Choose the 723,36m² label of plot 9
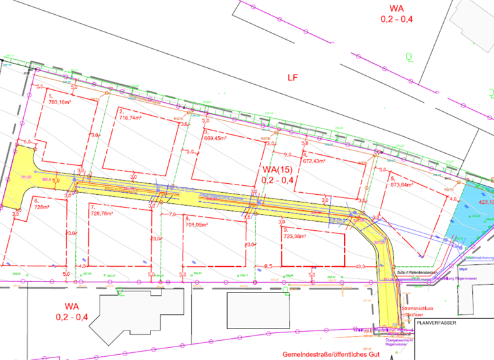(295, 235)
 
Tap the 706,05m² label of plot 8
(199, 225)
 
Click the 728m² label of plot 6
(42, 207)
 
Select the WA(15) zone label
(277, 170)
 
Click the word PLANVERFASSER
(436, 323)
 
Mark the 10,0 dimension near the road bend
(360, 265)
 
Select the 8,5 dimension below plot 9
(269, 265)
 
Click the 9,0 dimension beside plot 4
(288, 154)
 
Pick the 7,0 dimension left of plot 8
(172, 214)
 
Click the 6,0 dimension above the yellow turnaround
(27, 141)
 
